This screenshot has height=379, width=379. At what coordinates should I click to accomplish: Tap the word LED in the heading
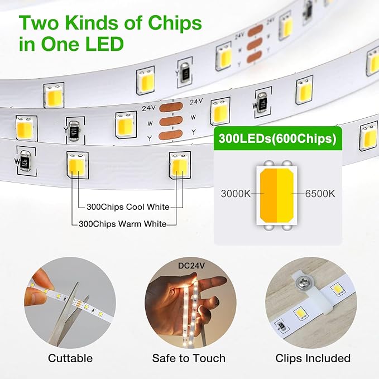104,44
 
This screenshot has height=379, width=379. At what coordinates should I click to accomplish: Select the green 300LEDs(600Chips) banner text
277,139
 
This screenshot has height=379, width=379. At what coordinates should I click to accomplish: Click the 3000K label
236,194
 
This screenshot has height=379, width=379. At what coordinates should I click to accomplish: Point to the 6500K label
320,194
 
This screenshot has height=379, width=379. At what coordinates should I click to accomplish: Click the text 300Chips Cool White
128,207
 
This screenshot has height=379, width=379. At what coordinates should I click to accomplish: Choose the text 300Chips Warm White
123,224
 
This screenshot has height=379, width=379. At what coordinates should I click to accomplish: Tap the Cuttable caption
70,358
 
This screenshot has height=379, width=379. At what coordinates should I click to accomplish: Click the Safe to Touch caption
189,358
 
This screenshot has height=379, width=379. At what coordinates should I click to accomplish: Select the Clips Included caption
313,358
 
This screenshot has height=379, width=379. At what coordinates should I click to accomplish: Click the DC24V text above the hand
191,266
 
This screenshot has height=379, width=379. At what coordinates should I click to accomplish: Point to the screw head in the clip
303,281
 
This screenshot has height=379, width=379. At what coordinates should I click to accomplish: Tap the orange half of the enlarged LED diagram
268,195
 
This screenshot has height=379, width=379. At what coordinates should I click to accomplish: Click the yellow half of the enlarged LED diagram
285,195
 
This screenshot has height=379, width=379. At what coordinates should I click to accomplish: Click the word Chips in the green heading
175,23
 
